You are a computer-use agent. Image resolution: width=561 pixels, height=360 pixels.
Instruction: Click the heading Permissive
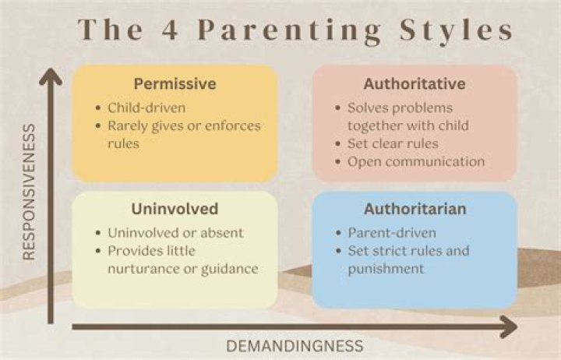[175, 84]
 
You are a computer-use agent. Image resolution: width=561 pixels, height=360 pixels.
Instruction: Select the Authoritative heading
[415, 84]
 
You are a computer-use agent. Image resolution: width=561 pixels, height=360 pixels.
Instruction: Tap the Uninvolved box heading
[175, 209]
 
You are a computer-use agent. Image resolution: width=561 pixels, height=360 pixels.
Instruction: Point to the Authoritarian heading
[415, 209]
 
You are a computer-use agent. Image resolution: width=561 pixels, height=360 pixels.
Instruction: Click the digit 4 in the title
[170, 30]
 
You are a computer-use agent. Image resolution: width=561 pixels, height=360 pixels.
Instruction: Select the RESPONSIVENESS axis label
[29, 192]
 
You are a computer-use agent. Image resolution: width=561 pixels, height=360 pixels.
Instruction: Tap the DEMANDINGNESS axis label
[295, 347]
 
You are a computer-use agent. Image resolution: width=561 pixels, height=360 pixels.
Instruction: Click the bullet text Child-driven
[146, 108]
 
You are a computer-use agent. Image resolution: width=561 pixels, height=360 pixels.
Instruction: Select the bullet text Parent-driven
[392, 233]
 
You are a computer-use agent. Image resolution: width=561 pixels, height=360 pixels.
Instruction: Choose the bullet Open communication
[416, 162]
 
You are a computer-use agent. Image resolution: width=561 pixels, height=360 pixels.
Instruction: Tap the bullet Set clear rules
[393, 144]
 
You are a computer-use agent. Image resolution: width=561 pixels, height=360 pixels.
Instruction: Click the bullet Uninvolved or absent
[175, 233]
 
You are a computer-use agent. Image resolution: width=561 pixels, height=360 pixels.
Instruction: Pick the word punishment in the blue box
[386, 269]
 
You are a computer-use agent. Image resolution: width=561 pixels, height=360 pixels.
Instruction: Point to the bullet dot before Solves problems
[337, 108]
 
